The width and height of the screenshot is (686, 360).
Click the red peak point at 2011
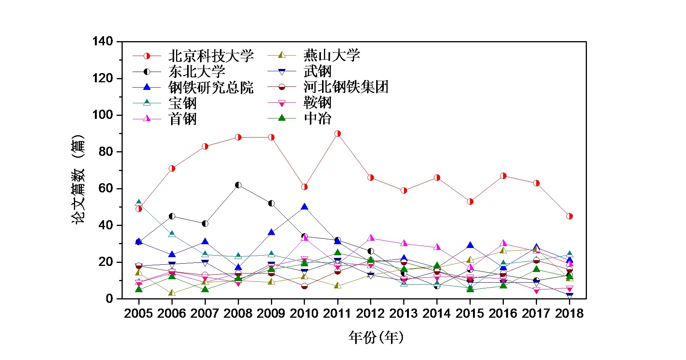click(338, 134)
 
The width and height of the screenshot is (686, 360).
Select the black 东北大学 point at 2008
click(238, 185)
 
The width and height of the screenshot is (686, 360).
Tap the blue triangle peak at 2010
click(305, 207)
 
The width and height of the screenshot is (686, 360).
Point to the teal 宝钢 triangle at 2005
click(139, 203)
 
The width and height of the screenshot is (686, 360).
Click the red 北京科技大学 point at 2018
click(569, 216)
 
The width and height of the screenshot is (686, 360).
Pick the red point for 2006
click(172, 168)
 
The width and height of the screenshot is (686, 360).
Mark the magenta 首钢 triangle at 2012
click(371, 238)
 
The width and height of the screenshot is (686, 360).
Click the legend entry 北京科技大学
click(211, 56)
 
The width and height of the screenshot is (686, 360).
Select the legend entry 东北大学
click(197, 72)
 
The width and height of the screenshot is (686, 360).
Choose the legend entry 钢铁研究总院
click(211, 88)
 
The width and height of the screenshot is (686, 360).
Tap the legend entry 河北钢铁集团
click(346, 87)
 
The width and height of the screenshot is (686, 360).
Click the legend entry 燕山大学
click(332, 56)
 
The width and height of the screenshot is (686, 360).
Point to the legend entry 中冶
click(317, 118)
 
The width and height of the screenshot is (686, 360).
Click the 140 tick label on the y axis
click(103, 41)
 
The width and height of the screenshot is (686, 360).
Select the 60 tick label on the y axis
click(106, 189)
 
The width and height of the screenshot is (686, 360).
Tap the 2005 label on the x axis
click(138, 314)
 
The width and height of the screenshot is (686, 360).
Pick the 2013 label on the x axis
click(404, 314)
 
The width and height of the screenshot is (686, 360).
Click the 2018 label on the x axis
click(569, 314)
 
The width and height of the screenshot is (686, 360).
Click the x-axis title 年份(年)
click(376, 337)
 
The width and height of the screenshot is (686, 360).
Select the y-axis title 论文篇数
click(78, 179)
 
